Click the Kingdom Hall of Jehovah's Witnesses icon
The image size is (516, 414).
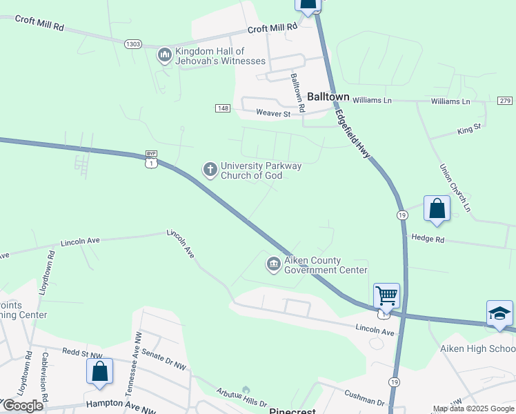pos(164,55)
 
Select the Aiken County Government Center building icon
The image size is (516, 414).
pos(273,264)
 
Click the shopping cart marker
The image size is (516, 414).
pos(386,296)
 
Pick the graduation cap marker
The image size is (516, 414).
pos(499,313)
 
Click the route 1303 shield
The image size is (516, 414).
pos(133,43)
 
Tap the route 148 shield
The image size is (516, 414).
pos(222,108)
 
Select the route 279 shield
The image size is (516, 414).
pos(504,101)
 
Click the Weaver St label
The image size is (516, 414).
pos(273,113)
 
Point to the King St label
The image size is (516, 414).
pos(468,129)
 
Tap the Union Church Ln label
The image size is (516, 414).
pos(455,187)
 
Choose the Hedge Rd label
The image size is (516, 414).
pos(428,238)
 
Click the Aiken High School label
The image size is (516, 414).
pos(477,349)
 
